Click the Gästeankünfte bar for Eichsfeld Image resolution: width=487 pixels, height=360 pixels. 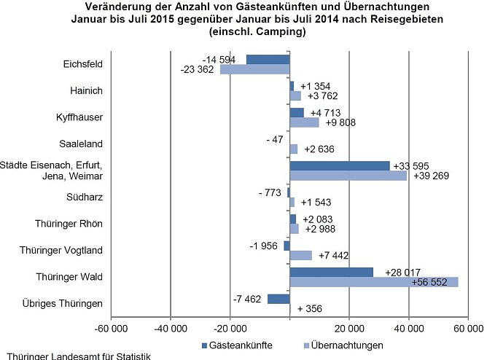268,60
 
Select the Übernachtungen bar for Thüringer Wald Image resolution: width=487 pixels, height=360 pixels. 374,282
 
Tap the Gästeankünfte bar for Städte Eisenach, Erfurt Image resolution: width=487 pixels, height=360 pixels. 340,165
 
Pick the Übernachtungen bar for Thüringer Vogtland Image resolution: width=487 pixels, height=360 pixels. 301,255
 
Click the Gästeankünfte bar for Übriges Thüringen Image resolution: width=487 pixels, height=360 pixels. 278,299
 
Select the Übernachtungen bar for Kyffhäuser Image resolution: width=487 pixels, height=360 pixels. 305,122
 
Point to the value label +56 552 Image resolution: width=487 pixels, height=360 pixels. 430,283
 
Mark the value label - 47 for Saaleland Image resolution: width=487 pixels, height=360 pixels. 276,139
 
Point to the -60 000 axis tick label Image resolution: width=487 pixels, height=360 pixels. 111,329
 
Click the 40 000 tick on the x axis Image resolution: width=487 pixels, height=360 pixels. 408,329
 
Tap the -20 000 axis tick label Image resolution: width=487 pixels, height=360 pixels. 230,329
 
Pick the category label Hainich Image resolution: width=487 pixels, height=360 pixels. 87,90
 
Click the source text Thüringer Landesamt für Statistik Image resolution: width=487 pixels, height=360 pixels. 75,356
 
